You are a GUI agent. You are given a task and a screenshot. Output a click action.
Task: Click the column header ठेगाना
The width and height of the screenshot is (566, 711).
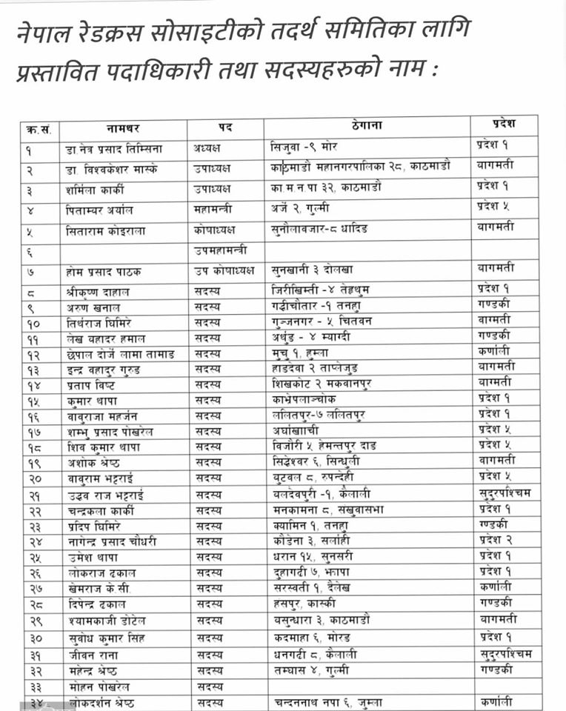[367, 127]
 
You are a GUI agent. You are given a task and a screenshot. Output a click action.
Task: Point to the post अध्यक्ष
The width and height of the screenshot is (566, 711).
[209, 147]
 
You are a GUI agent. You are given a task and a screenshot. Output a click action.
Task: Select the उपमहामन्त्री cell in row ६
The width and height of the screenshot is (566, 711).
[220, 250]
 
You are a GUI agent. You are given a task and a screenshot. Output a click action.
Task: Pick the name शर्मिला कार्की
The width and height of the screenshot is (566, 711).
[98, 190]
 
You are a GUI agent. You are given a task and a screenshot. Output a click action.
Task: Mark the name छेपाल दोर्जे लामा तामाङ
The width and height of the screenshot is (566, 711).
[119, 354]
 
